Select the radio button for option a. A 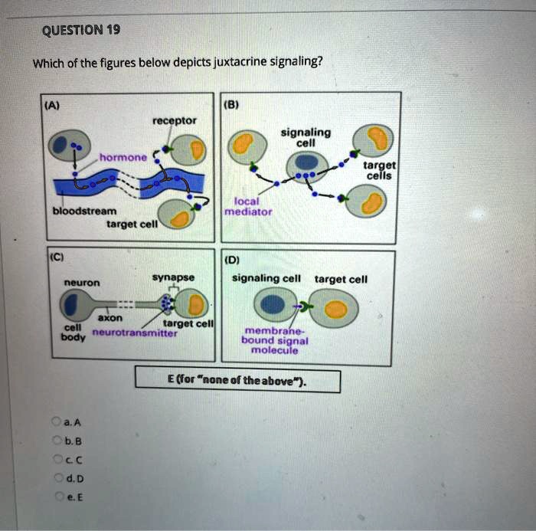(x=55, y=421)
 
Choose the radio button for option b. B (x=55, y=440)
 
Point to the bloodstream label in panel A (x=84, y=211)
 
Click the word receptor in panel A (x=175, y=121)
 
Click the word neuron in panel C (x=81, y=283)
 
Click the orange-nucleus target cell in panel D (x=336, y=309)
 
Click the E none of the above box (x=237, y=380)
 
